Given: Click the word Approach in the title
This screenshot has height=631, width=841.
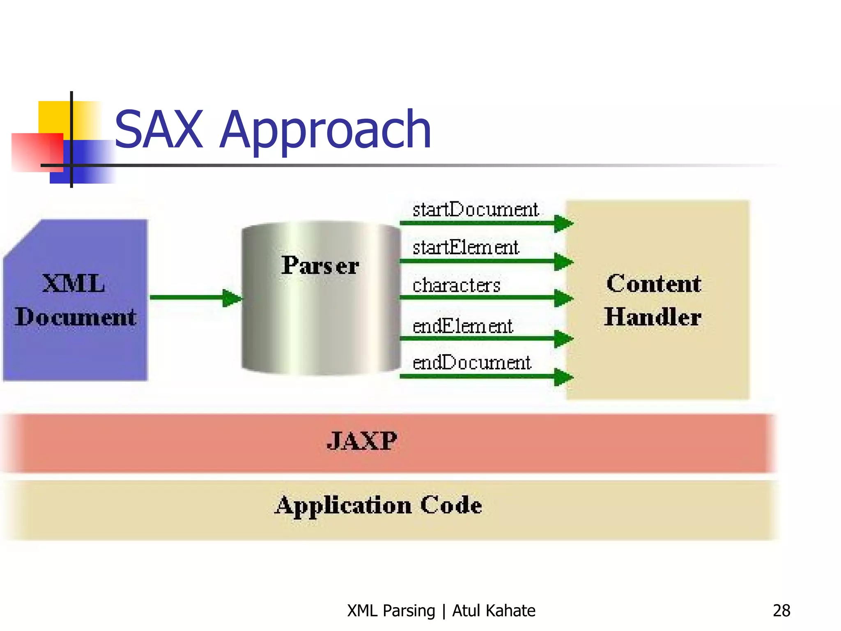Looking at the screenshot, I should [x=325, y=131].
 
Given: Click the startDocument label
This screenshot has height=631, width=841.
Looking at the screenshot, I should [x=475, y=210].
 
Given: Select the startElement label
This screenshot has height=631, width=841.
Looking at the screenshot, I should [x=466, y=247].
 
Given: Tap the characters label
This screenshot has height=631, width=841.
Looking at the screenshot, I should [x=456, y=285].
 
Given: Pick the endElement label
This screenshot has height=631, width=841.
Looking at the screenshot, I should [x=462, y=326].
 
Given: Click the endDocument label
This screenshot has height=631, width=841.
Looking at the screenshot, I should [x=471, y=363].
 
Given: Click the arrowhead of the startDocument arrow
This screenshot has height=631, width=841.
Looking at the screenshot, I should [x=563, y=223].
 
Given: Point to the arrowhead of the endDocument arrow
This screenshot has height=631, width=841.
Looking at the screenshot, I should [x=563, y=377].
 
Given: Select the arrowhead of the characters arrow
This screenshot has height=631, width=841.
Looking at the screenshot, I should [x=563, y=298].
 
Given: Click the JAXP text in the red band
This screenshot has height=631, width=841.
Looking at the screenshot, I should [x=362, y=441].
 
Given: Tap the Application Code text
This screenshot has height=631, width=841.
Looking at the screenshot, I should [x=378, y=505].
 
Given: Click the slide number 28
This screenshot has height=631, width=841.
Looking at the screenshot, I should [x=781, y=611].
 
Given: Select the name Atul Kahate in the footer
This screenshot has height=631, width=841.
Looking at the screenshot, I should [x=494, y=611].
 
